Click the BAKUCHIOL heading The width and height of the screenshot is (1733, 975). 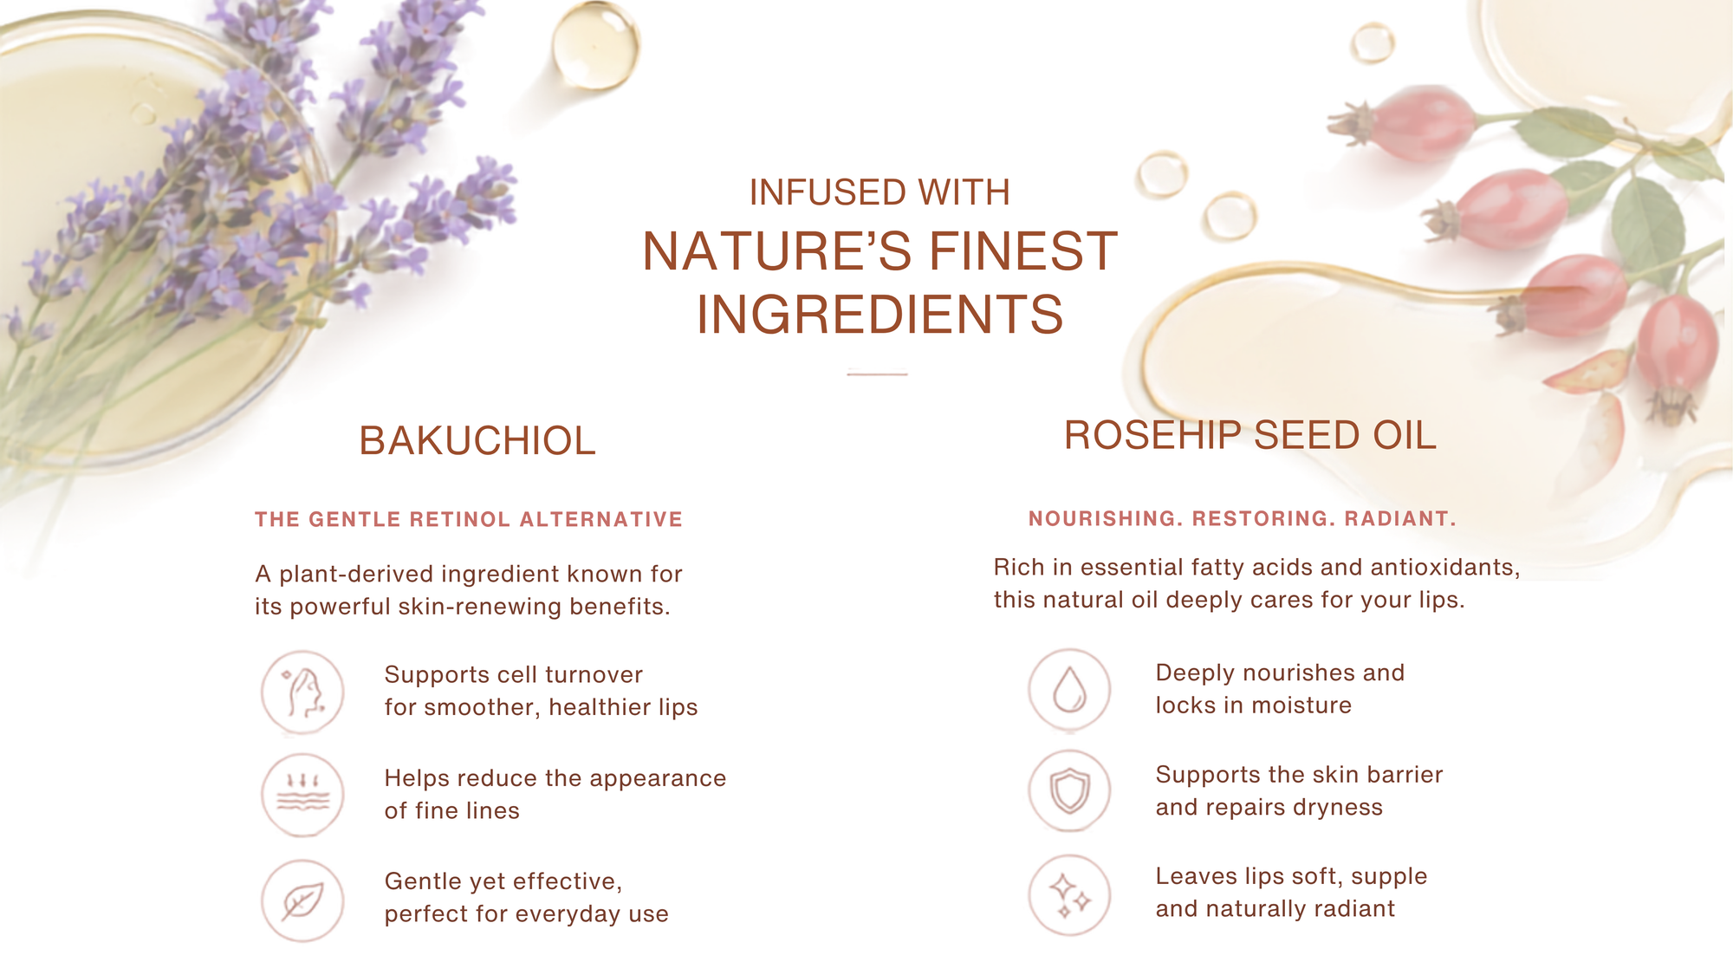click(x=477, y=440)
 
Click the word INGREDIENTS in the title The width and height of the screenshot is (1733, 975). click(x=879, y=314)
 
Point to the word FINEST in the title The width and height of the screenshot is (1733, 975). click(x=1023, y=251)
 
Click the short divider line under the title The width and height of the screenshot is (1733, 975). click(x=877, y=374)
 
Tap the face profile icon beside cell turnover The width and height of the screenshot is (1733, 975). click(x=302, y=692)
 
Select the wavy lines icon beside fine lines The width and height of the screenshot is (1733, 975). click(x=302, y=795)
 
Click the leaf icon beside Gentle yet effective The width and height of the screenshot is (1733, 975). click(x=302, y=900)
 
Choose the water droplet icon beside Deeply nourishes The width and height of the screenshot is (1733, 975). click(x=1069, y=690)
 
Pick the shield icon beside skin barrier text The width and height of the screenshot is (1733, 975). click(x=1069, y=791)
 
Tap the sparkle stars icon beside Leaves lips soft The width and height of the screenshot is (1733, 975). click(x=1069, y=895)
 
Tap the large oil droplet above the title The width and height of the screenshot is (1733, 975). click(x=594, y=45)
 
